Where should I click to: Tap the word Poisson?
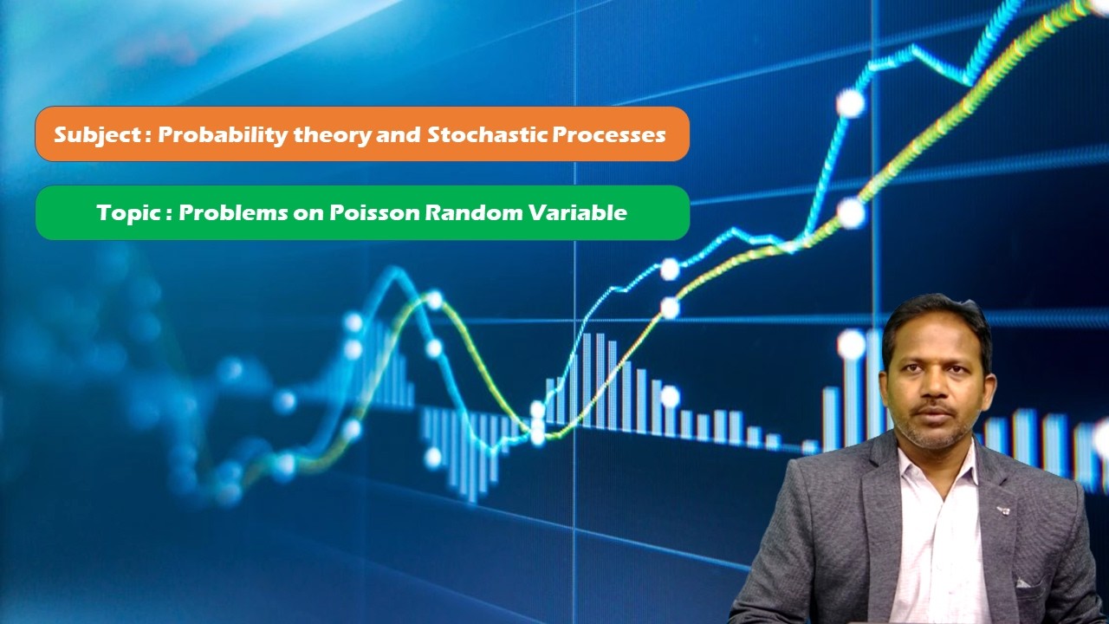pos(374,213)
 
